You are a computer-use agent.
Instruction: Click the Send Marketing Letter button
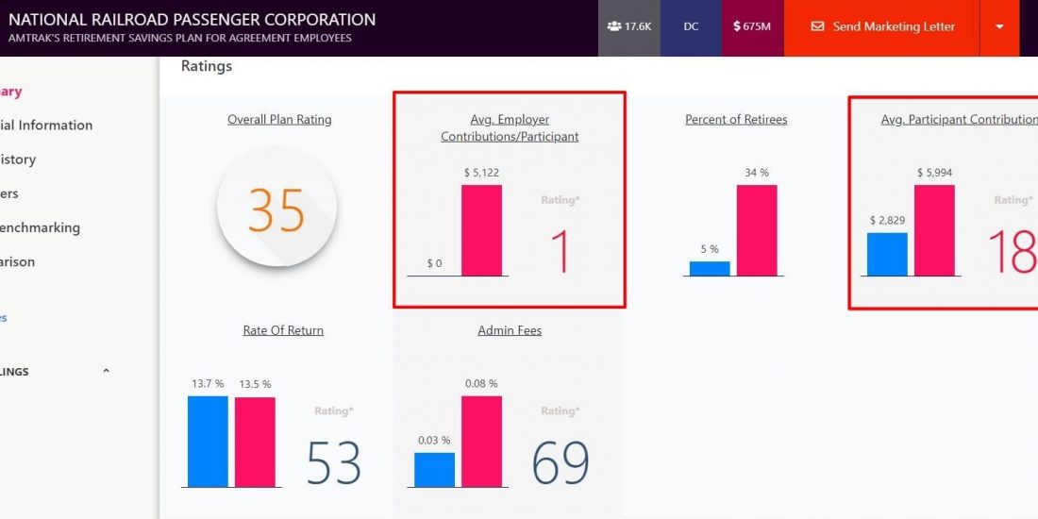(x=881, y=26)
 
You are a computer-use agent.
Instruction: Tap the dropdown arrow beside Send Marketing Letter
(x=999, y=26)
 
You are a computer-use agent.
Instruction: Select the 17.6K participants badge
(x=628, y=26)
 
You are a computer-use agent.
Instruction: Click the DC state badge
(x=691, y=26)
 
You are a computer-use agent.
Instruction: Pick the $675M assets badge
(x=752, y=26)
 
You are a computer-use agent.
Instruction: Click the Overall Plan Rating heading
(x=279, y=120)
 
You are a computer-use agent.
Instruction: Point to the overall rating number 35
(x=276, y=209)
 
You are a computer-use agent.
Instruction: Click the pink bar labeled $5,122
(x=481, y=230)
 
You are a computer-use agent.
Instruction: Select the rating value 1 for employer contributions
(x=560, y=252)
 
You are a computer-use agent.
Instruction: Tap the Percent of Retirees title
(x=736, y=120)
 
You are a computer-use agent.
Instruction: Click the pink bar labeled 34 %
(x=757, y=230)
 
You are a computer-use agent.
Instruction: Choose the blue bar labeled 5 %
(x=710, y=269)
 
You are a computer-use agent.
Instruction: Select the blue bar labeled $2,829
(x=887, y=255)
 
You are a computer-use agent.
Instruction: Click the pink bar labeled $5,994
(x=934, y=230)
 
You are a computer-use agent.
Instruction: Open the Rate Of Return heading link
(x=283, y=331)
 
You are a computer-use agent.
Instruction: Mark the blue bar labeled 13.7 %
(x=208, y=441)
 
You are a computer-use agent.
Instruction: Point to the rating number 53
(x=334, y=463)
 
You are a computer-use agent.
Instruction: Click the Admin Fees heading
(x=510, y=331)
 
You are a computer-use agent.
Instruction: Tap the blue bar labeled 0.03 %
(x=434, y=469)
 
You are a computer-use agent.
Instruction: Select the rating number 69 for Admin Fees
(x=561, y=463)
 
